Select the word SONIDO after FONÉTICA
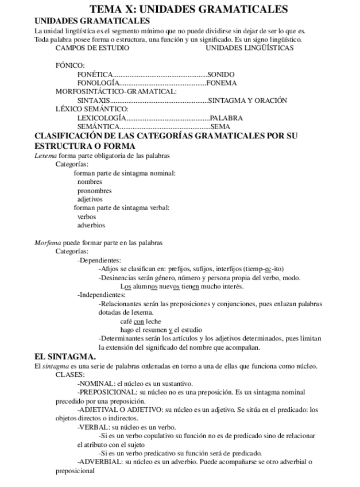pyautogui.click(x=221, y=75)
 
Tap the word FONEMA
pyautogui.click(x=221, y=83)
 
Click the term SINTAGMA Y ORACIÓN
pyautogui.click(x=247, y=100)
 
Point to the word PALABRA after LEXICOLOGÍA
pyautogui.click(x=226, y=118)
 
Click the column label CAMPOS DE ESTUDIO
pyautogui.click(x=92, y=48)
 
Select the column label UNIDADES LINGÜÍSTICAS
pyautogui.click(x=249, y=48)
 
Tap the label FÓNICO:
pyautogui.click(x=70, y=66)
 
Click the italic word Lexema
pyautogui.click(x=45, y=156)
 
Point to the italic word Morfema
pyautogui.click(x=47, y=242)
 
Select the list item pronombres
pyautogui.click(x=94, y=191)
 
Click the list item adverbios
pyautogui.click(x=91, y=225)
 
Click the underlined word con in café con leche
pyautogui.click(x=138, y=322)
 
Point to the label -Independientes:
pyautogui.click(x=101, y=295)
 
